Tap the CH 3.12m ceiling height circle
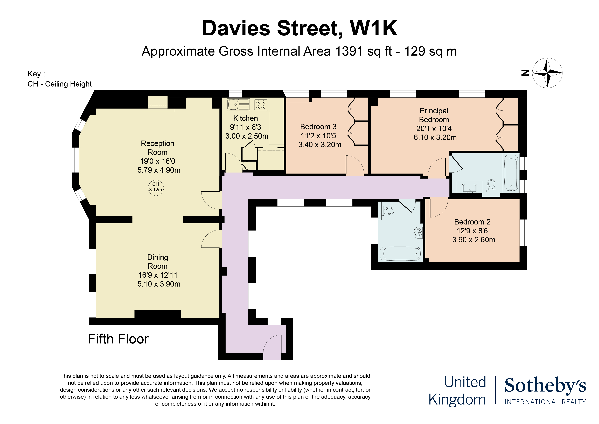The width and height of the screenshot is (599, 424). click(x=156, y=187)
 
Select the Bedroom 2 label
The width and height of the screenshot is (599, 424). click(x=472, y=222)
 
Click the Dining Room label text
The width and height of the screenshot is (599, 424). click(x=158, y=262)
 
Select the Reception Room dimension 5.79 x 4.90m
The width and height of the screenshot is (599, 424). click(x=159, y=170)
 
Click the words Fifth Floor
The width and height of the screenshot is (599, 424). click(x=118, y=339)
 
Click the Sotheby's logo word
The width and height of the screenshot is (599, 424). click(x=545, y=386)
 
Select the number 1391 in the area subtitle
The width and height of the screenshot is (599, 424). click(x=349, y=51)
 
